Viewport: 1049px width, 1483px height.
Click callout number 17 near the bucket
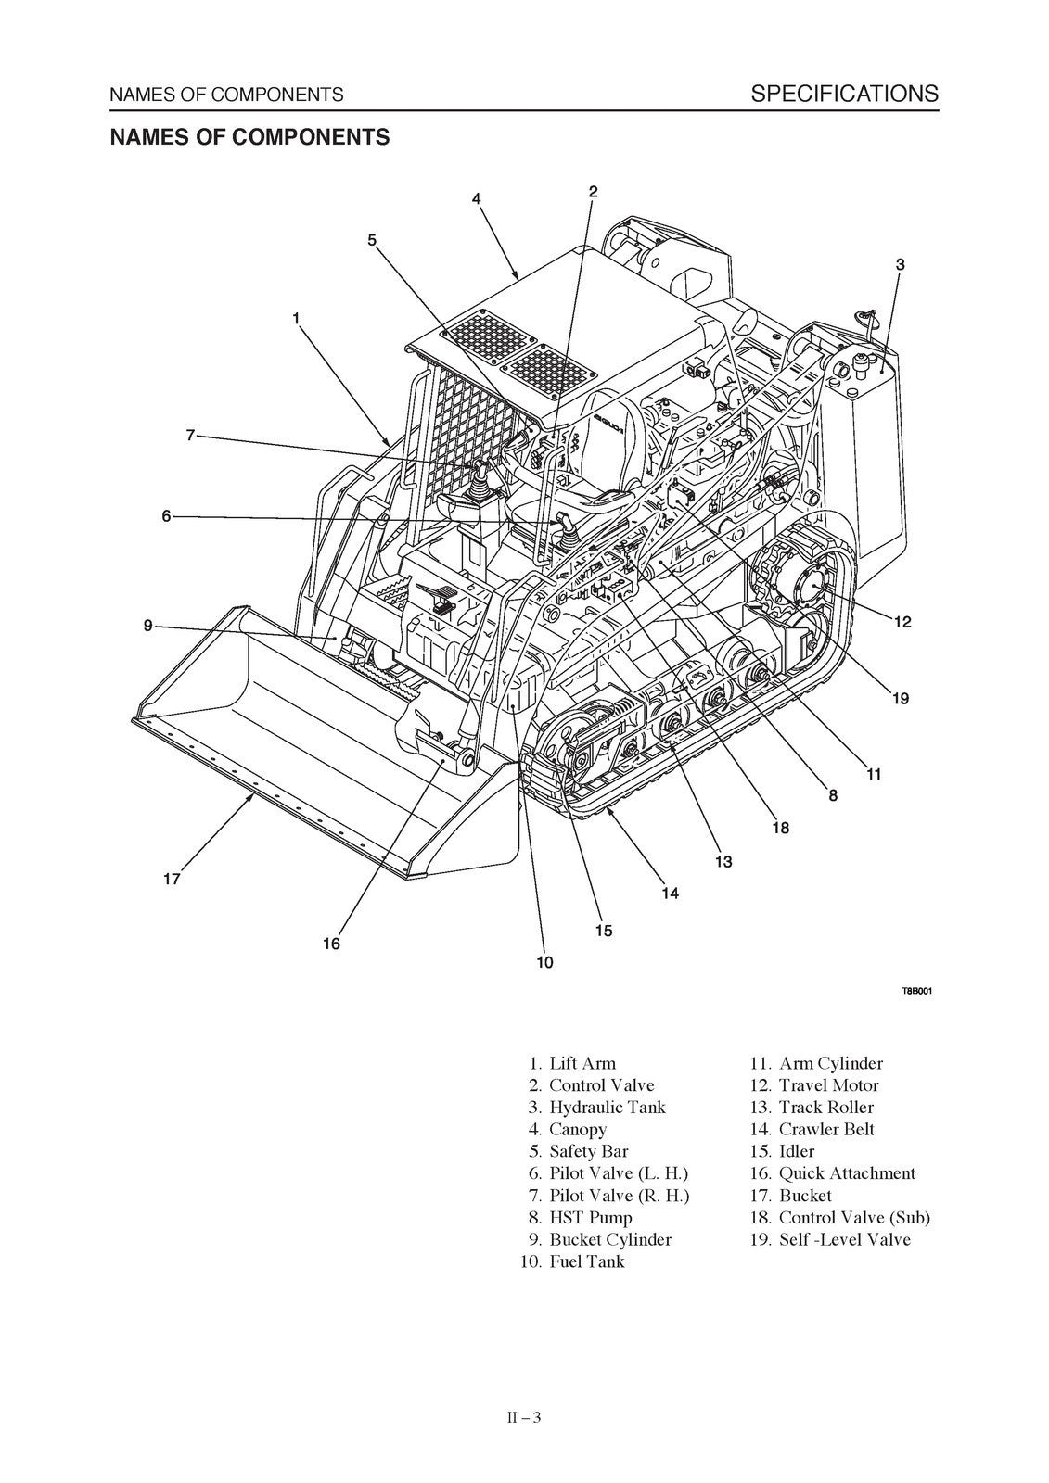click(x=172, y=879)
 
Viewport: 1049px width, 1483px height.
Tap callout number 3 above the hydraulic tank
click(x=900, y=264)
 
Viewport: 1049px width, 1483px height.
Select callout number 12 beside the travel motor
click(x=902, y=622)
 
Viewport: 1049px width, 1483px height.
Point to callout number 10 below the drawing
click(x=544, y=962)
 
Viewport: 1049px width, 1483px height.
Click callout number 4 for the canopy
click(x=476, y=198)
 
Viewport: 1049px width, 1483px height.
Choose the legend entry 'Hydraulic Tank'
click(x=607, y=1107)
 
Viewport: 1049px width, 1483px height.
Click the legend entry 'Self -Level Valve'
click(x=844, y=1239)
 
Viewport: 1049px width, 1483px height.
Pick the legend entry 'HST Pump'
click(x=590, y=1217)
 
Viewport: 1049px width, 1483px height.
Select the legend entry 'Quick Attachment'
click(x=846, y=1173)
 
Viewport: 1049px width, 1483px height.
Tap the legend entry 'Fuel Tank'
click(x=586, y=1261)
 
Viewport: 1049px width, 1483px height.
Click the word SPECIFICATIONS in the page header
click(x=844, y=93)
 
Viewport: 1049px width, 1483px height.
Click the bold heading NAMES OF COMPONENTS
click(x=249, y=137)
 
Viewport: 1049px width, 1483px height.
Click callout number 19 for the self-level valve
click(x=900, y=698)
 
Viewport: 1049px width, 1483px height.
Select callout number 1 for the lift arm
click(x=296, y=318)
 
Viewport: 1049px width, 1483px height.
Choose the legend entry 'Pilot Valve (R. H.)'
click(x=619, y=1196)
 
